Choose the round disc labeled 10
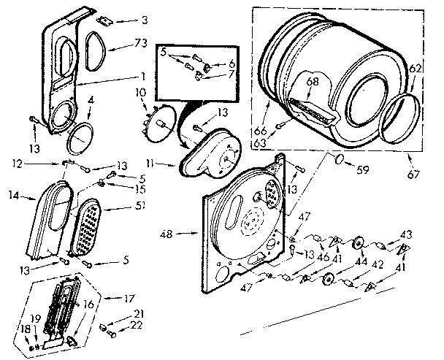159,120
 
